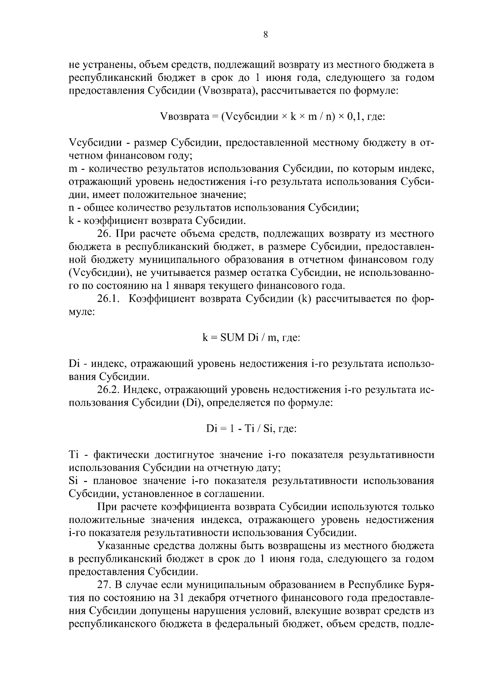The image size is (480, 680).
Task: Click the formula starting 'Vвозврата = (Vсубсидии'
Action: click(x=272, y=117)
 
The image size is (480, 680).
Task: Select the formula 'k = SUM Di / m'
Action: click(x=251, y=337)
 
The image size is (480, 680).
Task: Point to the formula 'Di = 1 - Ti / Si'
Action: click(x=251, y=429)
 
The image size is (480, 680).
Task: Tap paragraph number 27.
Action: click(x=104, y=585)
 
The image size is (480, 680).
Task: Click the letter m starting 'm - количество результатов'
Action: click(x=73, y=169)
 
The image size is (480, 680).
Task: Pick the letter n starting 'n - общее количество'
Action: click(x=72, y=208)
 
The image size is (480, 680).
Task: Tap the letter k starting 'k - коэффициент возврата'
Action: click(x=72, y=221)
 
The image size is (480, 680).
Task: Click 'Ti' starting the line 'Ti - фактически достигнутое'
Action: click(x=75, y=455)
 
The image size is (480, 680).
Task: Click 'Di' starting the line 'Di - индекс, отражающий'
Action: click(x=75, y=364)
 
